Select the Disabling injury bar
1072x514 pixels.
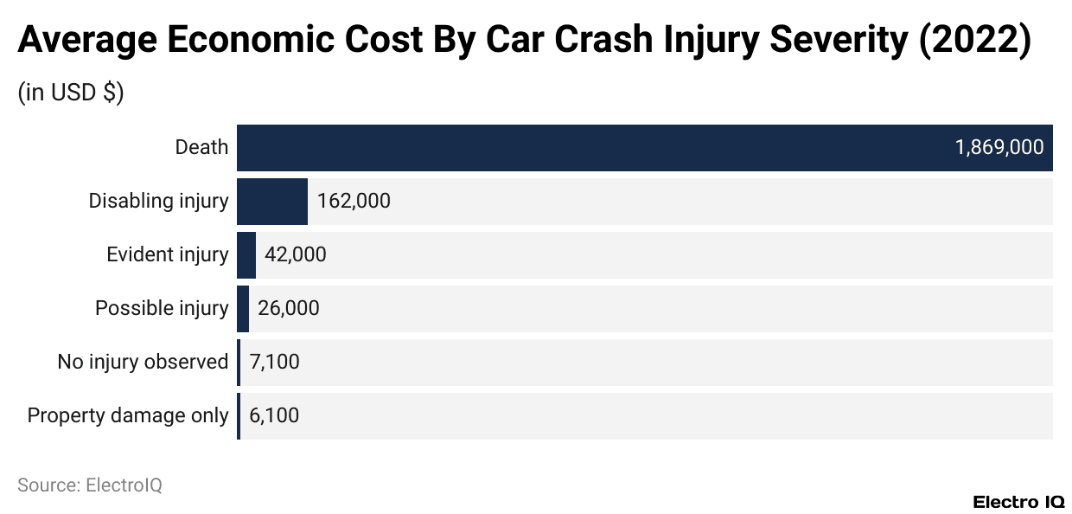click(272, 201)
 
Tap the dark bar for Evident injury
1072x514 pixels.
click(246, 254)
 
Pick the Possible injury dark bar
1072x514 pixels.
click(243, 308)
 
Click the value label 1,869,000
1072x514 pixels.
click(999, 147)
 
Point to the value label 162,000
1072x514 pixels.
click(354, 201)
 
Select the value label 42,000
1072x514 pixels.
click(296, 254)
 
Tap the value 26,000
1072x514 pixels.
click(288, 308)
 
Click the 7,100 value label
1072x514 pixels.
click(274, 362)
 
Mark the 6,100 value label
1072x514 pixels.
click(274, 415)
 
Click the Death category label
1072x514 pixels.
click(201, 147)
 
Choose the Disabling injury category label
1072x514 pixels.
click(158, 201)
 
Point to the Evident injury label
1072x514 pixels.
click(167, 254)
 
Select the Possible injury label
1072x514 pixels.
click(162, 308)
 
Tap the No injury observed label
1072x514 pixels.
click(143, 362)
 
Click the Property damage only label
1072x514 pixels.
click(128, 415)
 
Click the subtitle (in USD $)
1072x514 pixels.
click(71, 93)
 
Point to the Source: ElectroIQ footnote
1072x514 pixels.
click(90, 485)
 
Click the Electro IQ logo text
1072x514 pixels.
click(1018, 501)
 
